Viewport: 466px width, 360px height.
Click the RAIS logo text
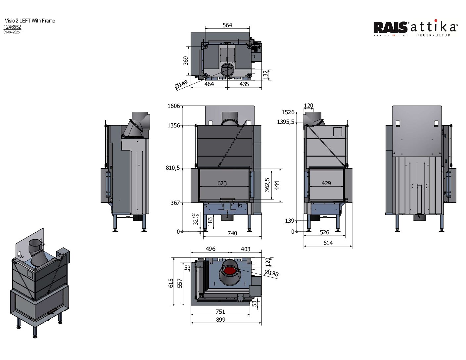(391, 27)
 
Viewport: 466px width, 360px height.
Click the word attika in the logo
(434, 27)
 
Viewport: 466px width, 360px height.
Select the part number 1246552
(12, 27)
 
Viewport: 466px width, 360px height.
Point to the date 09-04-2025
(12, 32)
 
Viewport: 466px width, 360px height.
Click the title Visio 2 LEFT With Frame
(30, 21)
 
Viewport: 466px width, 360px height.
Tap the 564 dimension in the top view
(227, 25)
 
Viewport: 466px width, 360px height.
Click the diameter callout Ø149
(181, 85)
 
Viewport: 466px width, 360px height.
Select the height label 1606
(174, 106)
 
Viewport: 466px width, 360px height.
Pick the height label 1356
(174, 125)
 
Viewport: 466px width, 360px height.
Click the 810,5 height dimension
(173, 168)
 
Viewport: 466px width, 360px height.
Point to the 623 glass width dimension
(222, 183)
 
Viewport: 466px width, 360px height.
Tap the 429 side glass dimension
(326, 183)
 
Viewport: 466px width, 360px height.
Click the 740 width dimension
(232, 233)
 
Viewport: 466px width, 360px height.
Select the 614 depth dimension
(328, 243)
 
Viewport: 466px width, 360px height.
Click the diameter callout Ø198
(271, 273)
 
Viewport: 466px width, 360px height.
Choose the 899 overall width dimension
(220, 320)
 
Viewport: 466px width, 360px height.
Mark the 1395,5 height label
(286, 122)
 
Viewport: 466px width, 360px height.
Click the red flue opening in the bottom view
(229, 272)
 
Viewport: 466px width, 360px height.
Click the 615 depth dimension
(171, 283)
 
